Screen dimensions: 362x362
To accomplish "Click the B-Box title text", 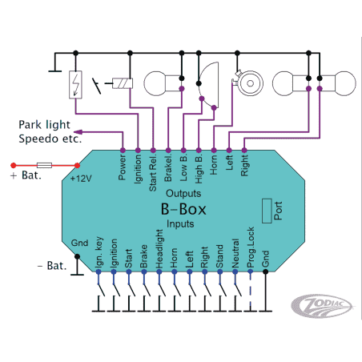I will (x=182, y=209).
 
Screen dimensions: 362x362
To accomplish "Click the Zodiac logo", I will (x=323, y=307).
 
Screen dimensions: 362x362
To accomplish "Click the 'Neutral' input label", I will (x=235, y=251).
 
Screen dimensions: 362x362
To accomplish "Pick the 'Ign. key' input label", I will (x=99, y=251).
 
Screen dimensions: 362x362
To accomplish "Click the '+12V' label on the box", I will (x=82, y=177).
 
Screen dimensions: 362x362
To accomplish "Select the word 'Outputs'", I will (x=183, y=194).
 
